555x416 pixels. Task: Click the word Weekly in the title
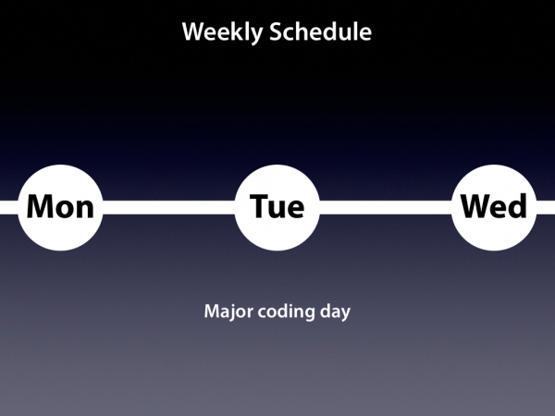(x=222, y=32)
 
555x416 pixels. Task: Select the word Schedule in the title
(x=320, y=31)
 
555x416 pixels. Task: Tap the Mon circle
(x=60, y=208)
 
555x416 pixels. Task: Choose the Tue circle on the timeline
(x=277, y=208)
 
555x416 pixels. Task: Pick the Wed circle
(x=494, y=208)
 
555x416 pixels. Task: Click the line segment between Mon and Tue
(x=169, y=207)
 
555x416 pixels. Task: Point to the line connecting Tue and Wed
(x=386, y=207)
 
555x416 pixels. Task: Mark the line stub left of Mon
(x=9, y=207)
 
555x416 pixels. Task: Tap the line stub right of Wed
(x=546, y=207)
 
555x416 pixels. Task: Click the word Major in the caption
(x=228, y=312)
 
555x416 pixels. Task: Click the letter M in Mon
(x=39, y=206)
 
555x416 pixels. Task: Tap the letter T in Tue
(x=260, y=206)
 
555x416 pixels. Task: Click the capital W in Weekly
(x=196, y=31)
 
